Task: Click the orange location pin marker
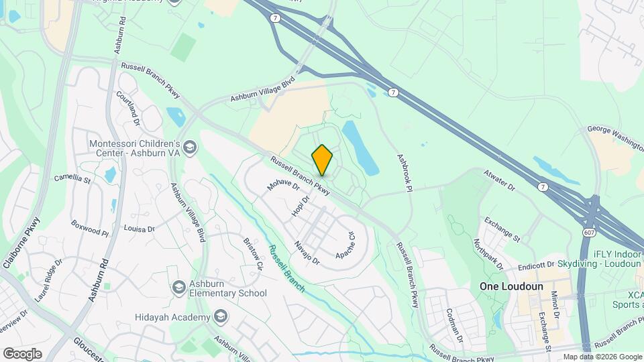323,160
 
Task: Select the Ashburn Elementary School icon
178,288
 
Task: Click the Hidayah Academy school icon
221,316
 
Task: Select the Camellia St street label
72,179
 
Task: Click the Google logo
22,353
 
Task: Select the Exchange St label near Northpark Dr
502,229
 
